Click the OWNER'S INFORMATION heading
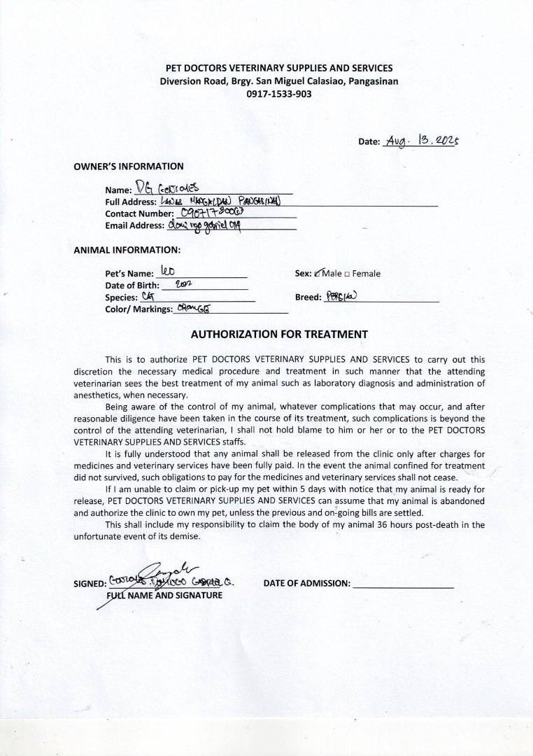129,167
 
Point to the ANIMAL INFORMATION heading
127,249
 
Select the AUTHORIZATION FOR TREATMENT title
279,334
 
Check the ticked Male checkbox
320,274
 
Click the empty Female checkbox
348,274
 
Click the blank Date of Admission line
403,584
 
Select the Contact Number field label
139,213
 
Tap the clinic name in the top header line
278,68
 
